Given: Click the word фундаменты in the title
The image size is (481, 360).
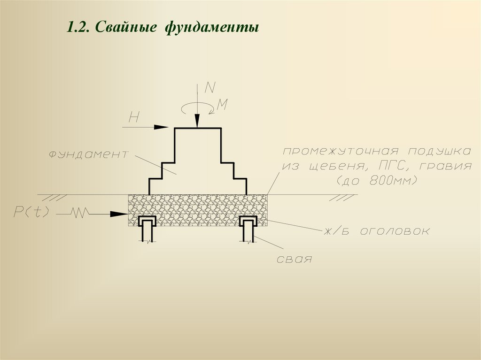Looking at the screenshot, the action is [211, 27].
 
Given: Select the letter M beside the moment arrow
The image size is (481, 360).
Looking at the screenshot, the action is [222, 105].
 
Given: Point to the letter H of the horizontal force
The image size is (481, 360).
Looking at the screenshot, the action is [133, 118].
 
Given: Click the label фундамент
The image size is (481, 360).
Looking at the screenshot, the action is [88, 154].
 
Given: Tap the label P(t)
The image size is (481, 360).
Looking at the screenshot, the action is [31, 212].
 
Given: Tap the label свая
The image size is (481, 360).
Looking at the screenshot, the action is [294, 259].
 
